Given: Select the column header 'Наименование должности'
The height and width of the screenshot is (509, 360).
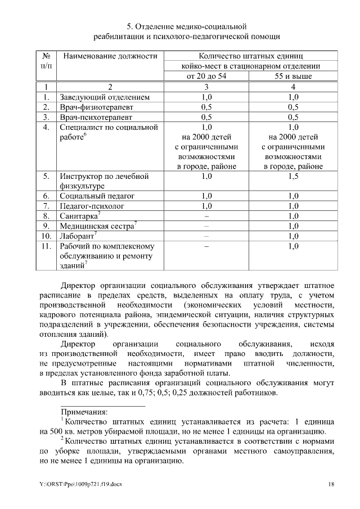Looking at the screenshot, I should coord(109,57).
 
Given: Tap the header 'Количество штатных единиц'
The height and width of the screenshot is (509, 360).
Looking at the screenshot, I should coord(251,57).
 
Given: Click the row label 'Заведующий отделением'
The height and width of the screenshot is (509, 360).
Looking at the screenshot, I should coord(105,97).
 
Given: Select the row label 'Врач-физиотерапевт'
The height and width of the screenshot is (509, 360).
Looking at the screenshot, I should coord(97,107).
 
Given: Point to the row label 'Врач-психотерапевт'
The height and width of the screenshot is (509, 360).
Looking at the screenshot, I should coord(96,118).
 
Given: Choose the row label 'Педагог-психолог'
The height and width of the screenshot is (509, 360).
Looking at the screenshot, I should coord(92,206).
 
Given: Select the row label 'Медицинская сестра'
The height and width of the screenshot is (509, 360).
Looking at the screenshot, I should coord(97,226).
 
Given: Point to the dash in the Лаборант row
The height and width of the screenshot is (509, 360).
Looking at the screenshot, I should coord(206,236).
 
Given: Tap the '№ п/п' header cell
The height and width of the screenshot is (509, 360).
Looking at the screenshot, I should coord(47,62).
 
